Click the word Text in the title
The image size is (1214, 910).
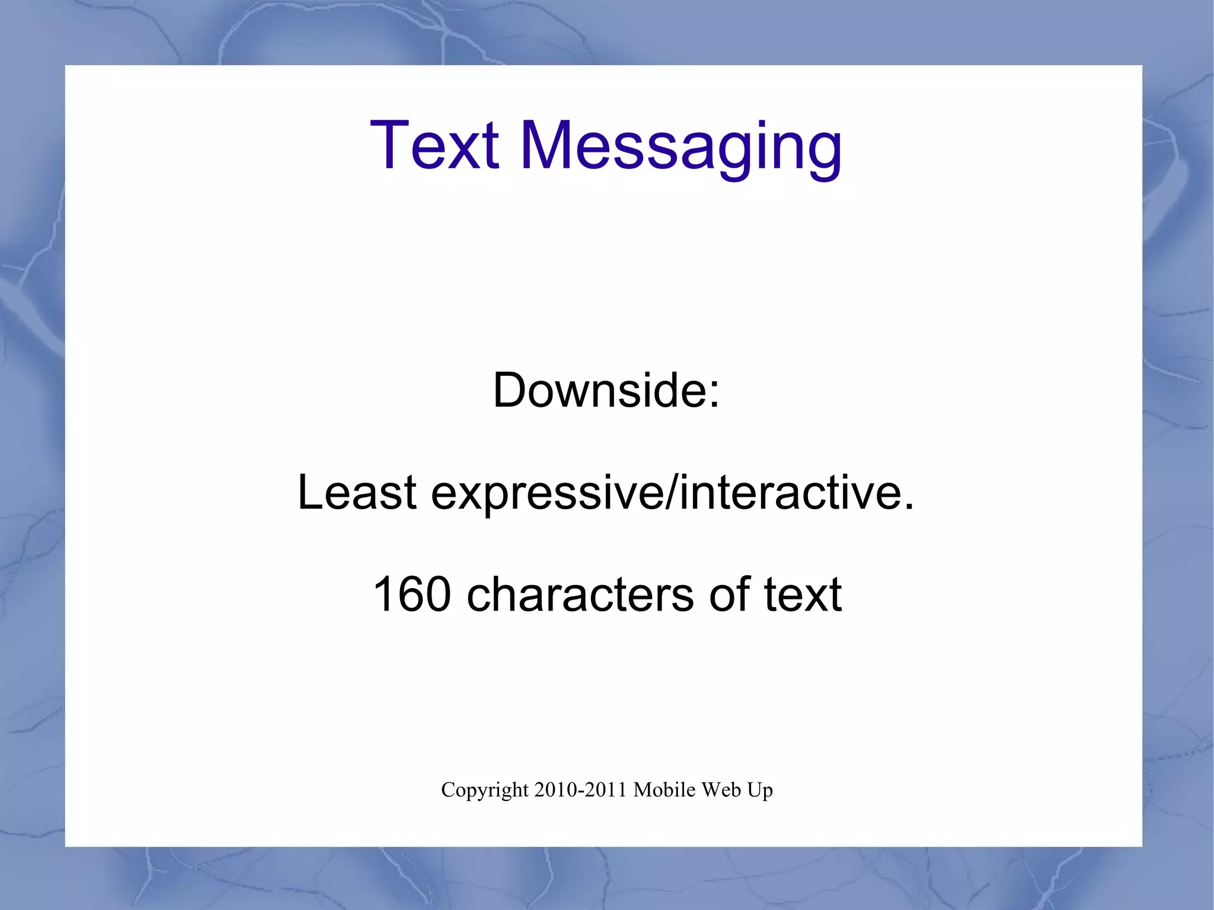click(x=435, y=145)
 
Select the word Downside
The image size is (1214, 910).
click(x=599, y=390)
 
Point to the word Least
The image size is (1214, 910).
click(x=357, y=492)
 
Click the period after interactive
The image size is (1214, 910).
click(x=909, y=507)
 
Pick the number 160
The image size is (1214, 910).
click(x=412, y=594)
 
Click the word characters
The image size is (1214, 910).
click(x=580, y=595)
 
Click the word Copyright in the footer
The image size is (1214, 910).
click(x=484, y=791)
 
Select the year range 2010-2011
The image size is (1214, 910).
click(x=580, y=790)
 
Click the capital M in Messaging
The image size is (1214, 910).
click(x=548, y=145)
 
